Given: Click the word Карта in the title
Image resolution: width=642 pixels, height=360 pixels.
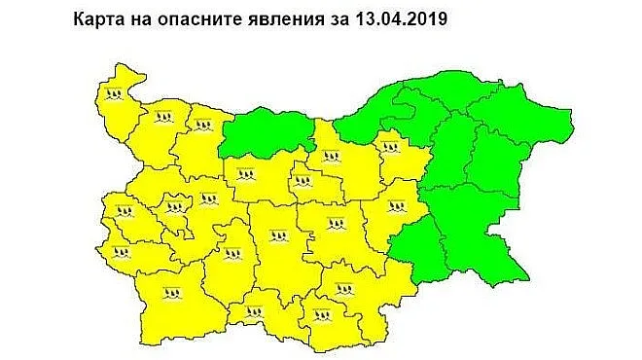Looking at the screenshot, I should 99,18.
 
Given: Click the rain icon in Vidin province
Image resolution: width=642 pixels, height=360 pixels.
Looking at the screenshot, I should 115,94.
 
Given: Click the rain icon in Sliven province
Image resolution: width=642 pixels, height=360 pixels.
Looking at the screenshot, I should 395,206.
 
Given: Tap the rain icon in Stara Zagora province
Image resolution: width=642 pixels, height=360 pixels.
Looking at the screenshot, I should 336,225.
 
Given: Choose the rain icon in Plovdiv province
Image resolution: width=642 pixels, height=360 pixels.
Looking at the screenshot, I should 278,235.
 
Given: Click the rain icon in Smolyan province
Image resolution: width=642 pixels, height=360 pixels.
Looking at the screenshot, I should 254,313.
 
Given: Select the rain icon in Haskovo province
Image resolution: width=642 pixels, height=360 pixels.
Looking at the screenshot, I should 342,288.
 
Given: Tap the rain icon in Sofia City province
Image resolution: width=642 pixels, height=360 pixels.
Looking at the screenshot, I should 175,206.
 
